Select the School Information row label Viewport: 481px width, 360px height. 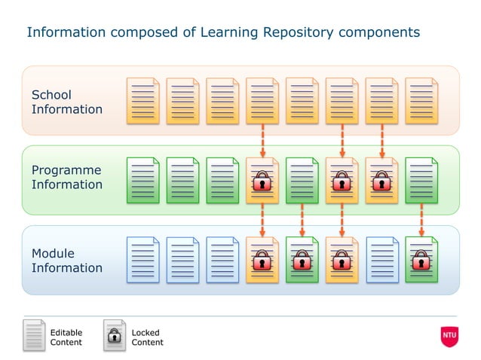coord(67,102)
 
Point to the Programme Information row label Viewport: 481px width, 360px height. coord(67,178)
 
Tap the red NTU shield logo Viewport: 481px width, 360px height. coord(449,336)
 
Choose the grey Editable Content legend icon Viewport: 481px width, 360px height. coord(34,336)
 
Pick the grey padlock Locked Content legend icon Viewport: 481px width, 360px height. coord(115,336)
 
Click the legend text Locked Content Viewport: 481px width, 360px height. coord(147,337)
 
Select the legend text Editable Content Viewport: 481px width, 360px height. coord(66,337)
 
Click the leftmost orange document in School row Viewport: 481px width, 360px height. coord(142,101)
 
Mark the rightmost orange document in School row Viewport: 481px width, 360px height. coord(421,101)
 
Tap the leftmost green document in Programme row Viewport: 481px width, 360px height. coord(142,181)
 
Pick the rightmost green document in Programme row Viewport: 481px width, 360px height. coord(421,181)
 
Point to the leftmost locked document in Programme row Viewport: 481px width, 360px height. coord(262,181)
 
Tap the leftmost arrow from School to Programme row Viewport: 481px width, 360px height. coord(262,140)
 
